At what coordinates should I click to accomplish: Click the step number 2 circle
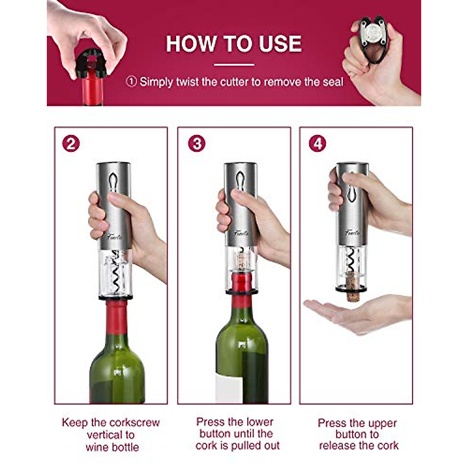click(71, 144)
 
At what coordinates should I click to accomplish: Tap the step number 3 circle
click(197, 144)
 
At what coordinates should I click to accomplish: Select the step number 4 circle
click(317, 144)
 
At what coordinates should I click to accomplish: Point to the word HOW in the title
click(190, 44)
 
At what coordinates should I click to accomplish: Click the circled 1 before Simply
click(132, 82)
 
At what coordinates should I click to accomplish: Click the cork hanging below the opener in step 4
click(352, 286)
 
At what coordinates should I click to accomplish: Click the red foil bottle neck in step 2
click(117, 316)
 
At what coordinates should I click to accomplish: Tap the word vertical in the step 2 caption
click(110, 435)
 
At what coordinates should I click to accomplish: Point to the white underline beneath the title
click(234, 65)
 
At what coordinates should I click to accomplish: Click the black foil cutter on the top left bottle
click(91, 64)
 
